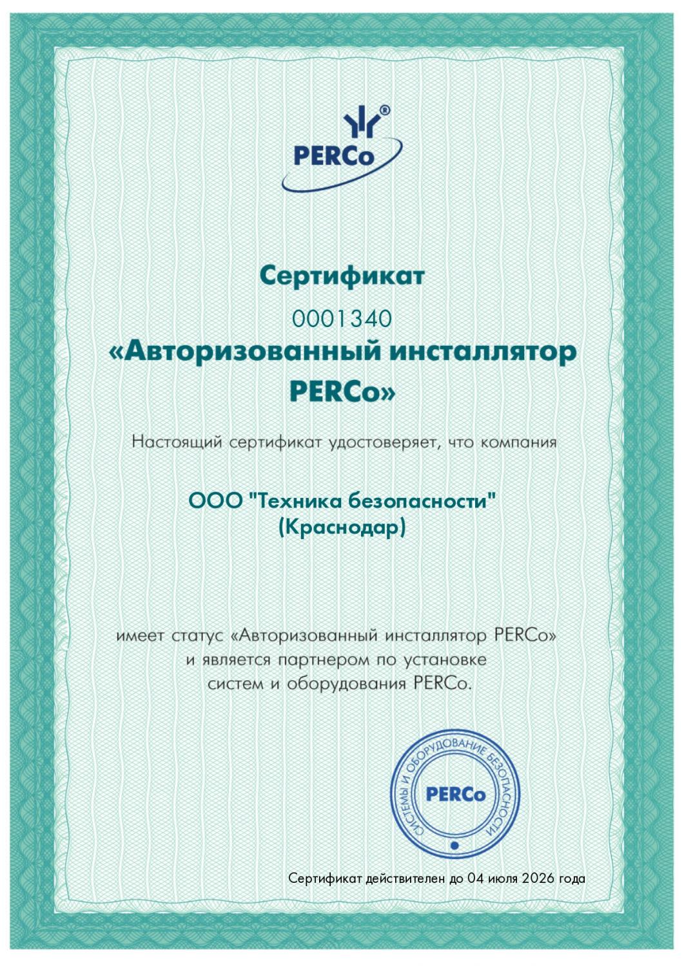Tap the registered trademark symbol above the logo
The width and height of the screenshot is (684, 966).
coord(385,110)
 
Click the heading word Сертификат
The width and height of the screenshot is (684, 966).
coord(342,276)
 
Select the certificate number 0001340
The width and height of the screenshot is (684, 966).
coord(342,318)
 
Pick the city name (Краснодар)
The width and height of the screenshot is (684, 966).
coord(342,527)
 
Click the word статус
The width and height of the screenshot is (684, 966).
coord(199,636)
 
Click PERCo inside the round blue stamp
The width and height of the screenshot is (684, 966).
coord(455,795)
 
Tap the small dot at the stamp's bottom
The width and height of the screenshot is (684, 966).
coord(454,845)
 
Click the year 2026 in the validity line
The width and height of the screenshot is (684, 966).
coord(535,878)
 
